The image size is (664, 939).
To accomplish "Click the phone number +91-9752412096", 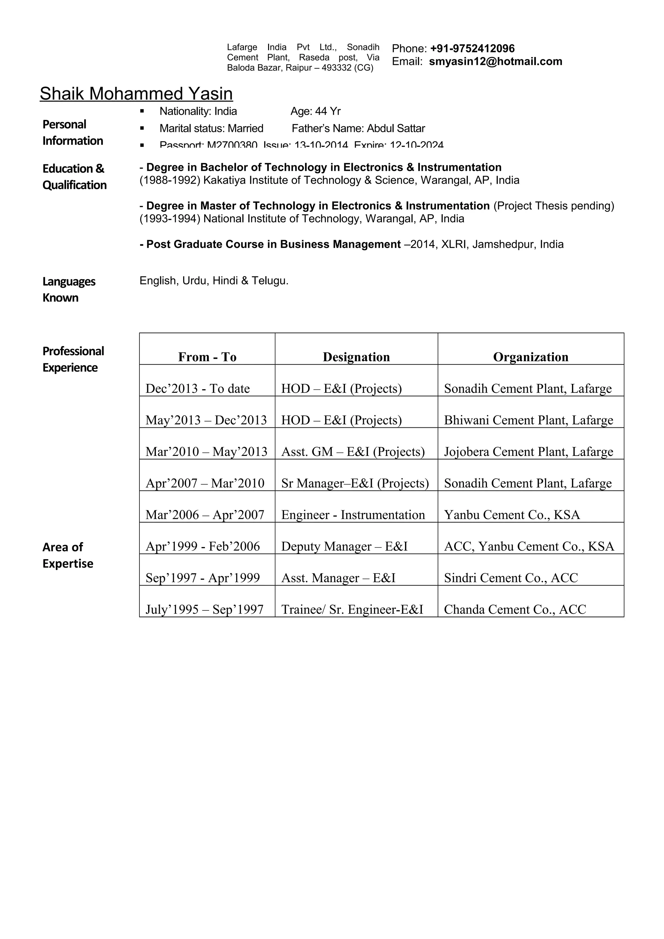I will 472,49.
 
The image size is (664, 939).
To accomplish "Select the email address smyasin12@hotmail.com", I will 495,62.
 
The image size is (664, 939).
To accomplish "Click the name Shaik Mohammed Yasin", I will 136,94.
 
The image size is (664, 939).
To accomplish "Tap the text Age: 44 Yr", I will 315,111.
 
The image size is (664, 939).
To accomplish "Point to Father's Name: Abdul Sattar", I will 358,128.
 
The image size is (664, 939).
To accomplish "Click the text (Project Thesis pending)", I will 553,206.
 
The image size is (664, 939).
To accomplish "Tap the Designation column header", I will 356,357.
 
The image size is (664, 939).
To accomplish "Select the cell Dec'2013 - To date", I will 197,388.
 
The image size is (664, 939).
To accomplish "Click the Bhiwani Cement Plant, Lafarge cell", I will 528,420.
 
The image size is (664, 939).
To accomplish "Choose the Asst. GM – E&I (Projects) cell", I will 353,451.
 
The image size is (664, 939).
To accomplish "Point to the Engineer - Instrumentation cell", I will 353,515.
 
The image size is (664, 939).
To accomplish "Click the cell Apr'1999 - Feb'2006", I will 203,546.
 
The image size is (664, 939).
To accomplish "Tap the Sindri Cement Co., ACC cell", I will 511,578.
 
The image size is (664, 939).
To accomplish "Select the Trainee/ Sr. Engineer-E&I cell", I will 352,610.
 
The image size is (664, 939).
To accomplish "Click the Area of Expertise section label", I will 67,555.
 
